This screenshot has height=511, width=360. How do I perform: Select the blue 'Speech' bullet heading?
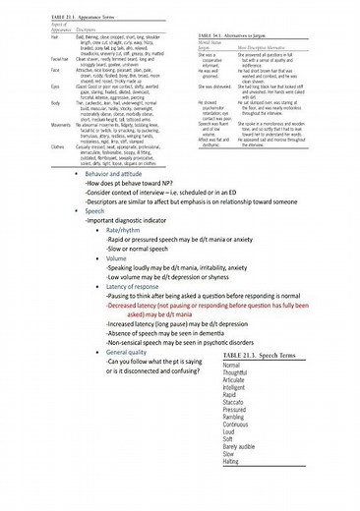point(95,210)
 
